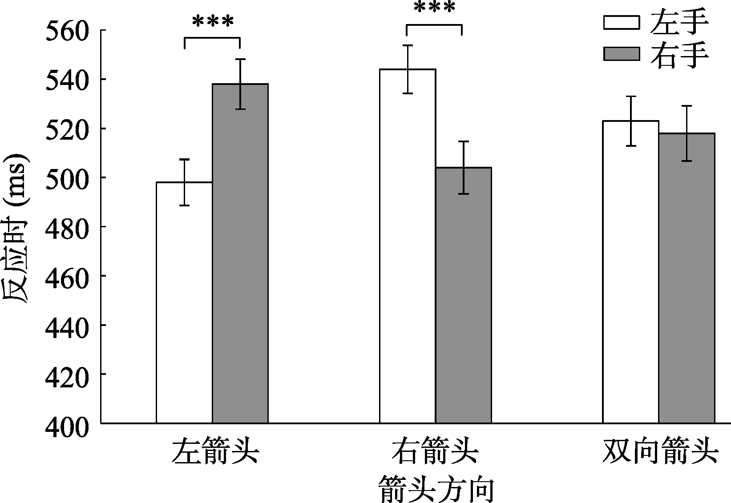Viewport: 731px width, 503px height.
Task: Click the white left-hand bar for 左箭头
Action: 184,302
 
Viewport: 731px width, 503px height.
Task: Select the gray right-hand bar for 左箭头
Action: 240,254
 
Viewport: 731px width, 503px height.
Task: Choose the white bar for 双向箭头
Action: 630,272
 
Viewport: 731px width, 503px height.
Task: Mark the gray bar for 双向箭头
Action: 687,278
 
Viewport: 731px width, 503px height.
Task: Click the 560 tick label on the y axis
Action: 67,31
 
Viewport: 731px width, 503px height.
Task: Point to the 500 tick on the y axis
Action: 67,178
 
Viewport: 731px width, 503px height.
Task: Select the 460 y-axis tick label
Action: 67,276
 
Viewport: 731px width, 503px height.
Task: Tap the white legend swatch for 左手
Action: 621,22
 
